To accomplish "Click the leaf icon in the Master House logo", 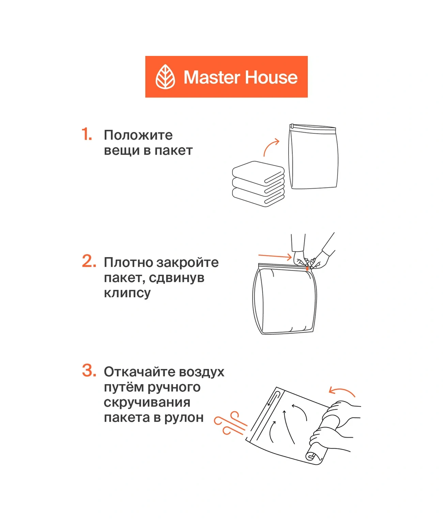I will click(x=165, y=77).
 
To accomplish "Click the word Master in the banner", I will click(x=212, y=77).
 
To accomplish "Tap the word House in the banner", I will click(x=271, y=77).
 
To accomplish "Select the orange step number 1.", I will click(x=87, y=134).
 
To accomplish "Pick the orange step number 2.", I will click(x=89, y=262).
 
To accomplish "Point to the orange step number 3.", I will click(x=89, y=371).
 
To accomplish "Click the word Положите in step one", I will click(x=138, y=135).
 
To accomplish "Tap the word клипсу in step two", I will click(x=127, y=293).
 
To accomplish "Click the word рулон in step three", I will click(x=184, y=417).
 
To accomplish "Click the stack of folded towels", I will click(x=258, y=184).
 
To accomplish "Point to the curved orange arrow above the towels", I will click(x=271, y=146).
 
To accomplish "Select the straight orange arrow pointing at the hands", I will click(x=275, y=256).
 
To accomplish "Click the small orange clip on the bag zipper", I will click(x=307, y=268).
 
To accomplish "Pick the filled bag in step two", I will click(x=285, y=300).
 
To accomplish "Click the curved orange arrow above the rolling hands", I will click(x=342, y=392).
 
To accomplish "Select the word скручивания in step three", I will click(x=147, y=402).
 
